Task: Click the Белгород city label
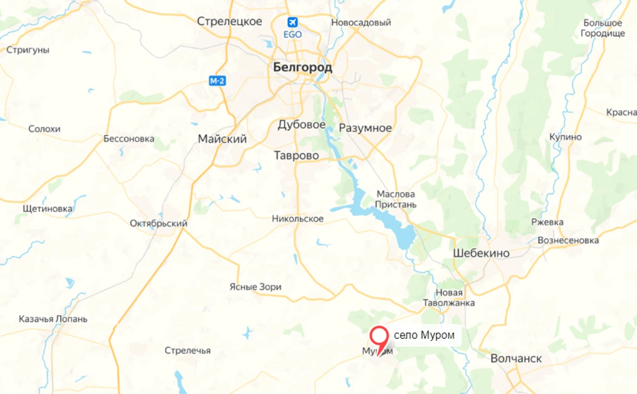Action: [x=303, y=68]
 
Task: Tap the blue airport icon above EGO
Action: [x=293, y=23]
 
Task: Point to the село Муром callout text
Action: [x=424, y=335]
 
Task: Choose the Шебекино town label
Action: [x=481, y=253]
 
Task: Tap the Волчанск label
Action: [x=516, y=358]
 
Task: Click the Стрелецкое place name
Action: [x=229, y=22]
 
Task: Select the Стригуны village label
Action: [x=28, y=50]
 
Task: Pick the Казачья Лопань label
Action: [x=53, y=319]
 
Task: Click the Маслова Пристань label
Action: [x=396, y=199]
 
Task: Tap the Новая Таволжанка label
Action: [x=449, y=297]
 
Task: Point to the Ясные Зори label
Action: [x=255, y=287]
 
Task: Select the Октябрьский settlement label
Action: [x=159, y=223]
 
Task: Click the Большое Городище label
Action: [x=603, y=28]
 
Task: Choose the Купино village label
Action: [x=566, y=137]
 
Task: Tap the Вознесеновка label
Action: [x=568, y=240]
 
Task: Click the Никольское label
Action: [x=297, y=218]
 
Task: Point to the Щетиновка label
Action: [x=48, y=209]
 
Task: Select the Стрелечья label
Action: [x=187, y=350]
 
